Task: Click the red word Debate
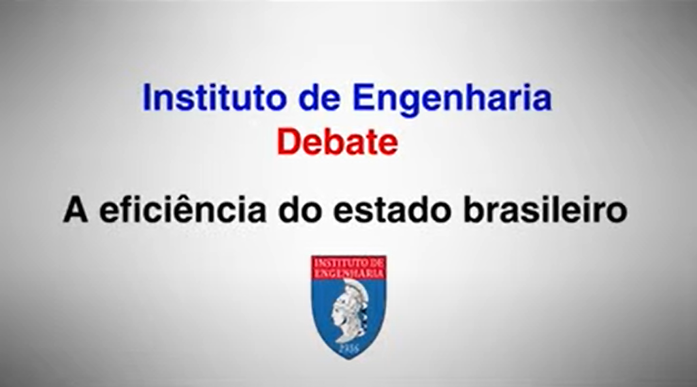click(337, 142)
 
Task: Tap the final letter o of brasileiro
click(616, 212)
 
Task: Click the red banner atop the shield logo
click(349, 268)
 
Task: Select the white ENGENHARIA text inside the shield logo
click(349, 273)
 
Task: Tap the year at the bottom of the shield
click(348, 347)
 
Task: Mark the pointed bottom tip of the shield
click(349, 360)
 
